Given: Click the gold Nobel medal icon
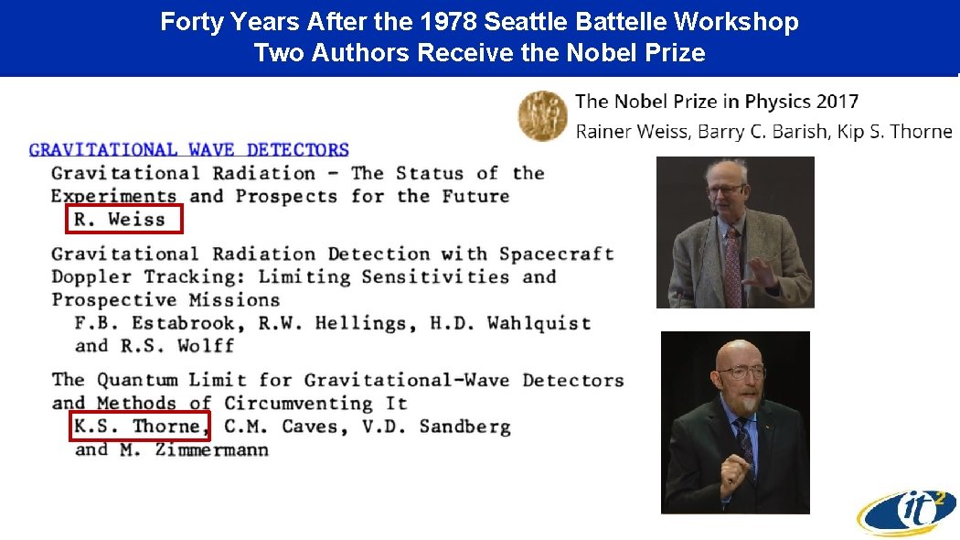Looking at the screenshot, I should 542,117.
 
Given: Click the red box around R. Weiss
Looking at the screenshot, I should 124,220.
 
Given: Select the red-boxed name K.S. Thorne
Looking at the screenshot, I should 140,427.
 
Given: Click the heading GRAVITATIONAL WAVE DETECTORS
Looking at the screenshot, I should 188,149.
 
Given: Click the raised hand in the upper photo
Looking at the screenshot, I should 763,272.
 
